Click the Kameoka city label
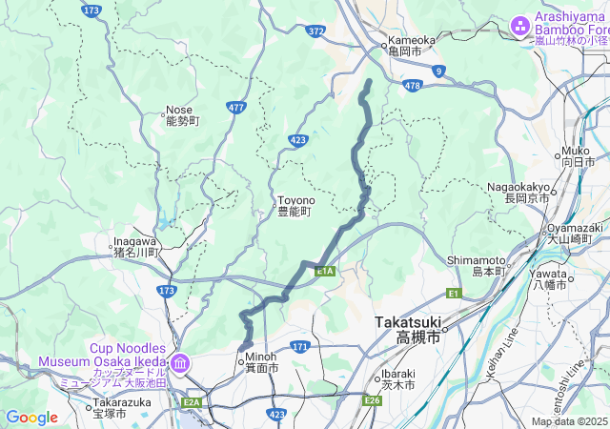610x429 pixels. click(x=411, y=46)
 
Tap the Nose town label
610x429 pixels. click(x=181, y=115)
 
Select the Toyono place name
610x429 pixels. click(x=295, y=206)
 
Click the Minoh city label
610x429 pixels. click(x=260, y=362)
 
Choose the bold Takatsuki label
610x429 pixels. click(x=408, y=330)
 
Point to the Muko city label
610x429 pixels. click(x=576, y=156)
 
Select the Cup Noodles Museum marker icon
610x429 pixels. click(x=181, y=363)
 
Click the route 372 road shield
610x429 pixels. click(x=316, y=31)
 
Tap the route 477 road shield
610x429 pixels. click(x=236, y=108)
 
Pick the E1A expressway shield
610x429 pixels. click(x=325, y=271)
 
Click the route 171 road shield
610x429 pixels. click(x=300, y=346)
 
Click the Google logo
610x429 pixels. click(x=31, y=418)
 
